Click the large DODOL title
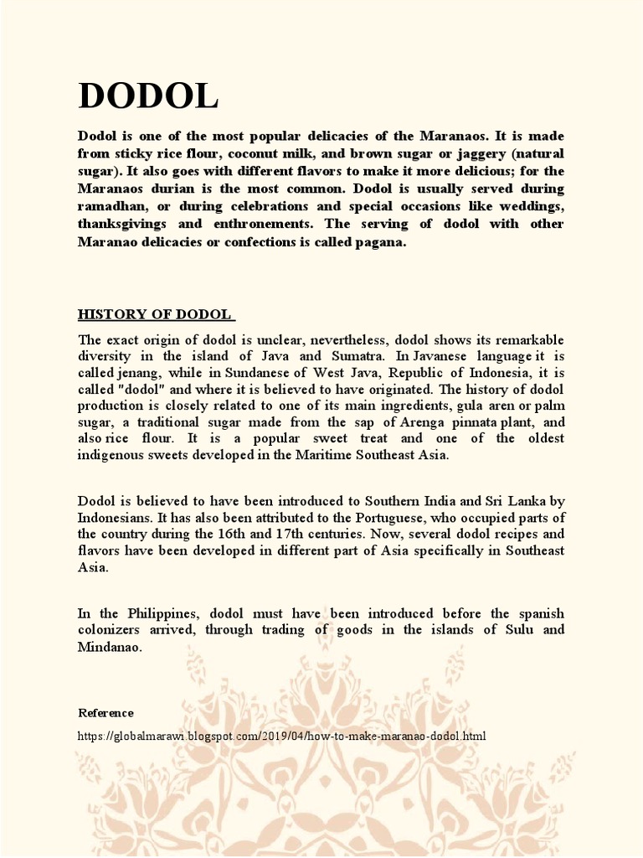pyautogui.click(x=148, y=96)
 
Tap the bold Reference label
pyautogui.click(x=105, y=713)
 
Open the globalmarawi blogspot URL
pyautogui.click(x=281, y=737)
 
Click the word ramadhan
pyautogui.click(x=114, y=207)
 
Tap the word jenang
pyautogui.click(x=139, y=373)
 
